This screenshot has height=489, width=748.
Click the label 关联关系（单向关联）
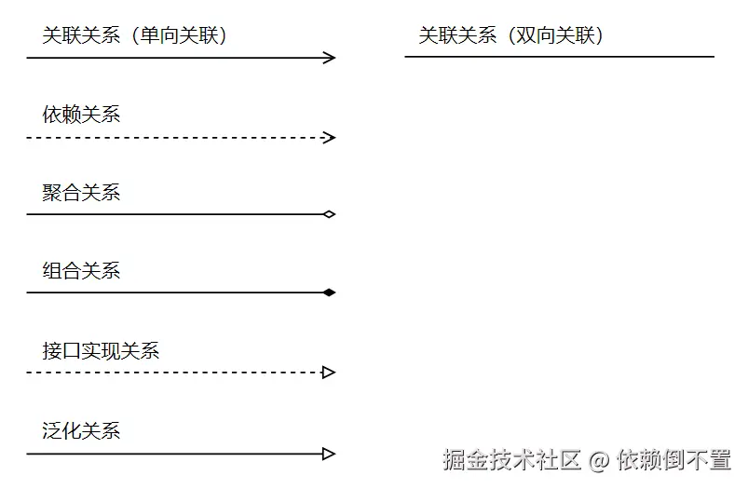coord(135,35)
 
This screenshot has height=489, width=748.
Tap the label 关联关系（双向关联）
coord(511,35)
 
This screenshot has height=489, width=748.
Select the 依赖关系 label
coord(81,115)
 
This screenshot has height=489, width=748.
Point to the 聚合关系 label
coord(81,193)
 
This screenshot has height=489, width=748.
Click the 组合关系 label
coord(81,271)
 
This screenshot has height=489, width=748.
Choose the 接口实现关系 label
coord(101,350)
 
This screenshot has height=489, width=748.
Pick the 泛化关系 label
coord(81,430)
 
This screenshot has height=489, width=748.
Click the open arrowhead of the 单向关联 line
coord(329,58)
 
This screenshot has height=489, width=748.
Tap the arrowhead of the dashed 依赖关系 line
coord(329,138)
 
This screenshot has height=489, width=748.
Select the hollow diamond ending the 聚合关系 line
coord(328,214)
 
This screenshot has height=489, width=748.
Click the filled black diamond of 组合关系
coord(328,292)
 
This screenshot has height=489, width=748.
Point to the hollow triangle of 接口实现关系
coord(328,373)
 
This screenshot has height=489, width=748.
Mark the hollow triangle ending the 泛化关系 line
coord(328,455)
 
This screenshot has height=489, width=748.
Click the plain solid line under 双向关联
coord(559,57)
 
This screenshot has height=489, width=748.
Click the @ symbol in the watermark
coord(599,459)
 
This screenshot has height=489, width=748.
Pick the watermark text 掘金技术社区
coord(512,459)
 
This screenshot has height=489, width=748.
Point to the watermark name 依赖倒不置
coord(673,459)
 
